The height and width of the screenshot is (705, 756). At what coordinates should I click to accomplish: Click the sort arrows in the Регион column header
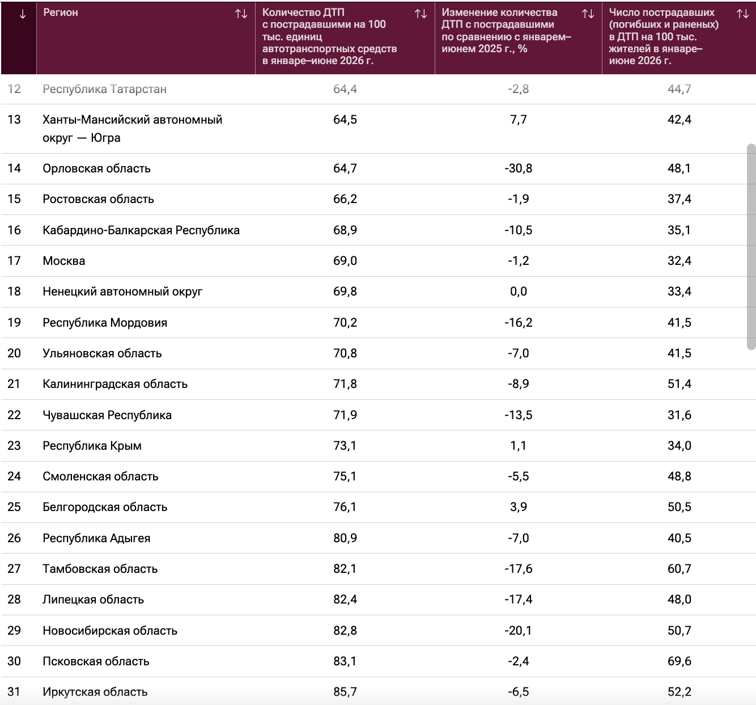(x=241, y=14)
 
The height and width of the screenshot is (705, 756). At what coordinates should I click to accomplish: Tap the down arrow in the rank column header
(x=23, y=14)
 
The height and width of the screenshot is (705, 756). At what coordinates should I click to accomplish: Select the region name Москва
(x=64, y=261)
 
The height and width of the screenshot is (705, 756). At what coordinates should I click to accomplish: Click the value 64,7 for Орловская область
(x=345, y=168)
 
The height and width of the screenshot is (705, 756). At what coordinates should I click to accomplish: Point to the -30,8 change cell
(x=518, y=168)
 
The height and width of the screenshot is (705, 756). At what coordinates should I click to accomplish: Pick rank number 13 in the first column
(x=14, y=120)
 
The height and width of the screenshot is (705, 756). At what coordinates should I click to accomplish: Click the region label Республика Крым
(x=92, y=446)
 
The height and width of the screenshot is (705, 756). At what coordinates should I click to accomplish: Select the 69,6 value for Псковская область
(x=679, y=661)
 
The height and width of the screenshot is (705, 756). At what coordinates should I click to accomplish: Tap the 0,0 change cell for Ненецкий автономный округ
(x=518, y=292)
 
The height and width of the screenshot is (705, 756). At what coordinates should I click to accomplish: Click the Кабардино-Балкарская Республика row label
(x=141, y=230)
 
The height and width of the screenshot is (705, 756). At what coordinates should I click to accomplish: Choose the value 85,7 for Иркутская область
(x=345, y=691)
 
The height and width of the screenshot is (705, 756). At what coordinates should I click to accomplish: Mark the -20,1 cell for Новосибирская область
(x=518, y=630)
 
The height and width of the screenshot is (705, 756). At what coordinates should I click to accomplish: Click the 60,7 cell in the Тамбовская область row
(x=679, y=568)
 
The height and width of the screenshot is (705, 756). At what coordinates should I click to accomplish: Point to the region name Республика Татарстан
(x=105, y=89)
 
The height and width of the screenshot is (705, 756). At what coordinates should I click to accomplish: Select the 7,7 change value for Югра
(x=518, y=120)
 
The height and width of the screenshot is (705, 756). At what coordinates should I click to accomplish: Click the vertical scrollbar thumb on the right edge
(x=751, y=247)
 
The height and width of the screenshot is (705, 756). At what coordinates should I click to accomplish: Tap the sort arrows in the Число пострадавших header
(x=742, y=14)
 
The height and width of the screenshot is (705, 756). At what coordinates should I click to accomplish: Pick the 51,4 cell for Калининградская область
(x=679, y=384)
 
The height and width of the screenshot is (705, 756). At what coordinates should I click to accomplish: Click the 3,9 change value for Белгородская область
(x=518, y=507)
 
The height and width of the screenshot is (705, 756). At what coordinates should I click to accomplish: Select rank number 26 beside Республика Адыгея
(x=14, y=538)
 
